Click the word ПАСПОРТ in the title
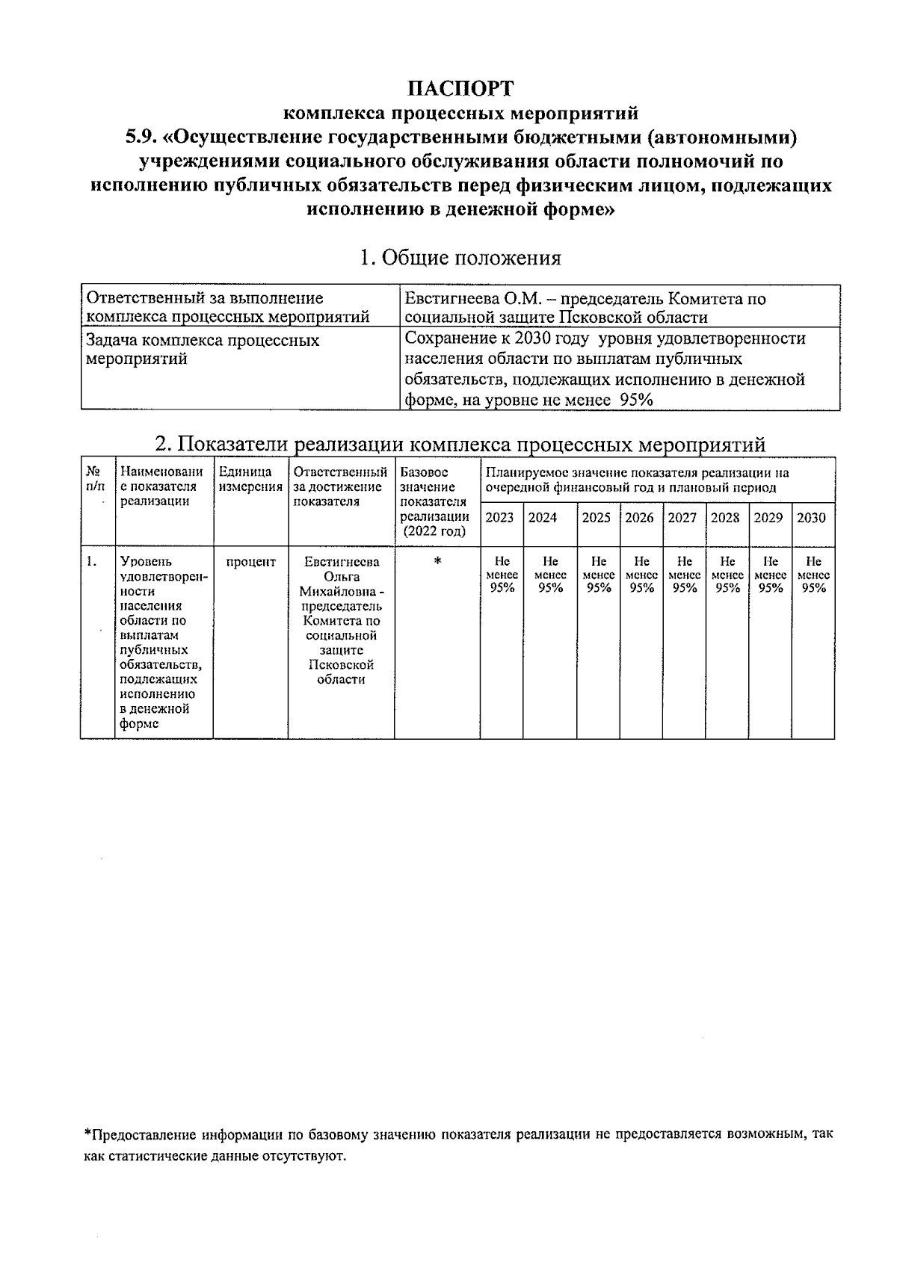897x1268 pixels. coord(460,88)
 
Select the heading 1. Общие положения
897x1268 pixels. coord(460,258)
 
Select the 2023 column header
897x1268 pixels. coord(500,517)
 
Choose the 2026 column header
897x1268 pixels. coord(639,517)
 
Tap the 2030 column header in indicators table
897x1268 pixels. coord(812,517)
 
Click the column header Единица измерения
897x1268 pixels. coord(250,479)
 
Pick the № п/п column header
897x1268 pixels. coord(95,479)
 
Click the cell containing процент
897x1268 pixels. coord(250,562)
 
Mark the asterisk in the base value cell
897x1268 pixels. coord(437,562)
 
